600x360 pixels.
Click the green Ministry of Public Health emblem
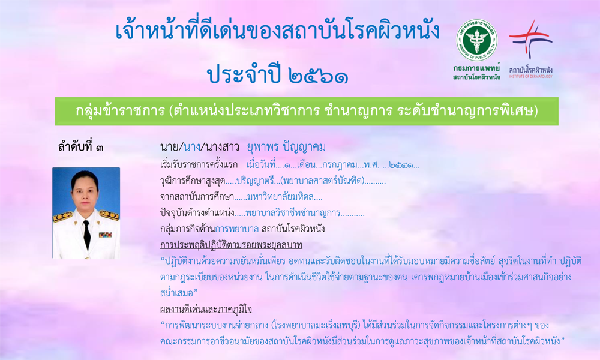(477, 40)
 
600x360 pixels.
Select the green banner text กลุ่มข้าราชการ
(119, 111)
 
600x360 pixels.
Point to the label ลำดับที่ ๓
(81, 147)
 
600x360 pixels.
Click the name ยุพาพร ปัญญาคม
(286, 147)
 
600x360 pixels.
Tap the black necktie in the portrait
(87, 235)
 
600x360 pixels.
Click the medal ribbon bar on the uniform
(105, 234)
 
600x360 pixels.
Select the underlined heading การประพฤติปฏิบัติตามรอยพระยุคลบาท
(231, 245)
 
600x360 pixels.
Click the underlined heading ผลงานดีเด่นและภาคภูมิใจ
(206, 309)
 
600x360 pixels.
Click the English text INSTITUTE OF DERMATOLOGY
(531, 77)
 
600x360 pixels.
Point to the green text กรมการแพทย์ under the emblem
(477, 68)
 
